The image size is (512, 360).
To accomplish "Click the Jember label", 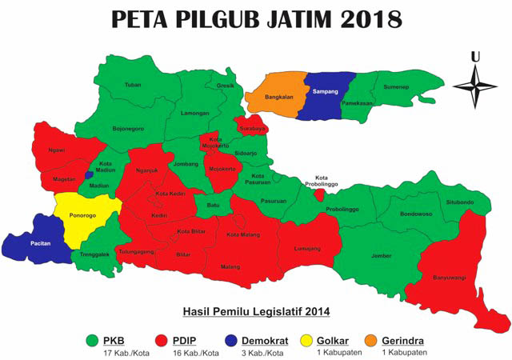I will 381,256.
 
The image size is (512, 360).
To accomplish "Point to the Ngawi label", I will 56,150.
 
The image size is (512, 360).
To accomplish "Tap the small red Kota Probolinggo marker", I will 319,194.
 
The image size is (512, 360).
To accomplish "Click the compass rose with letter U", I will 475,83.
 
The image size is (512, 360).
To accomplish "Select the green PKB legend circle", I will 95,339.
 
